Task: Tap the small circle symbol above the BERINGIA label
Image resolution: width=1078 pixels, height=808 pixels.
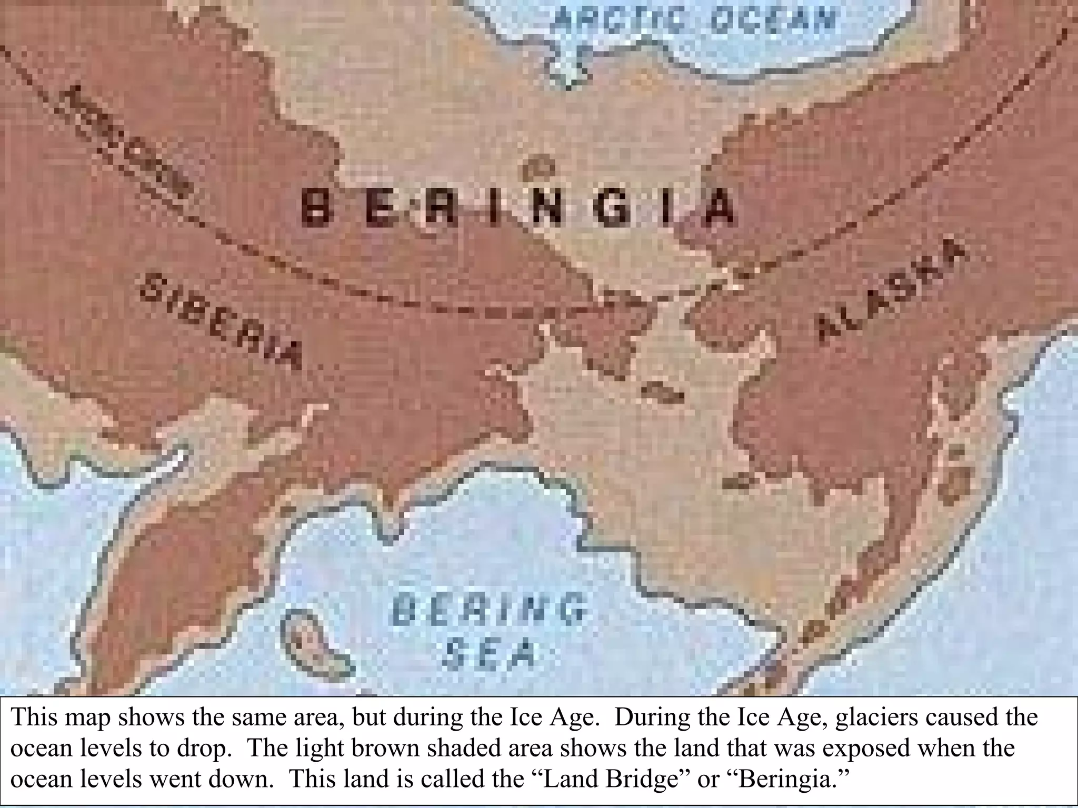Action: (x=540, y=169)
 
